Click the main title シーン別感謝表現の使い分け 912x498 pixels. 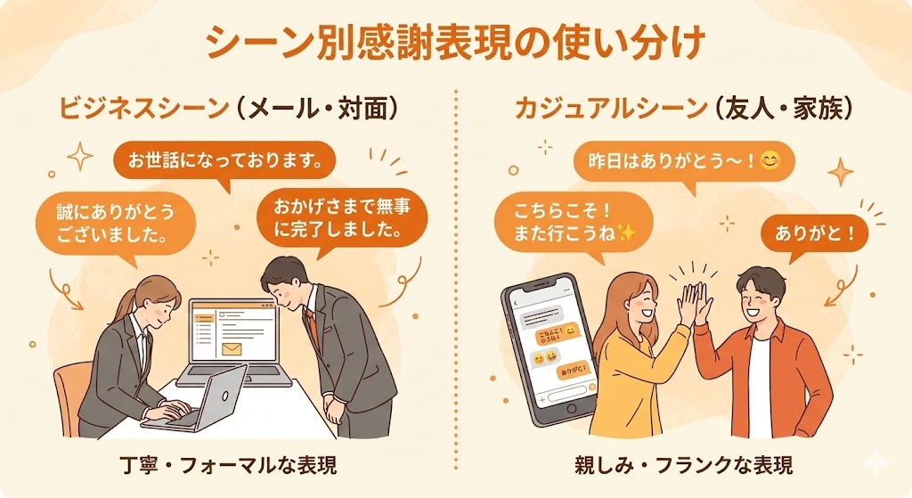click(x=455, y=42)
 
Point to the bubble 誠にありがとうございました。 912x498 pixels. click(x=104, y=225)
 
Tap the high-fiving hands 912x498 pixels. click(x=692, y=304)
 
